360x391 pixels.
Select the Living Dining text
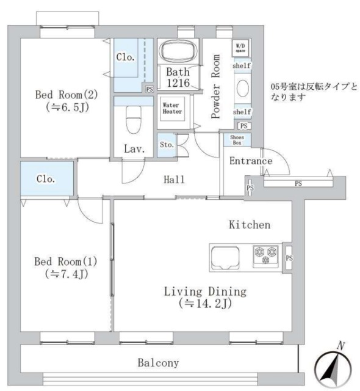pos(204,291)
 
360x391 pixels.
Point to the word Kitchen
pos(249,225)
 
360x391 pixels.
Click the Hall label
pos(174,180)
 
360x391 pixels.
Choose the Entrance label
pos(250,161)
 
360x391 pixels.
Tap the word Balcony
pos(158,363)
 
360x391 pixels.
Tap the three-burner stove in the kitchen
pos(265,255)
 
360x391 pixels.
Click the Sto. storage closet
pos(167,145)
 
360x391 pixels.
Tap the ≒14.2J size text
pos(204,303)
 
